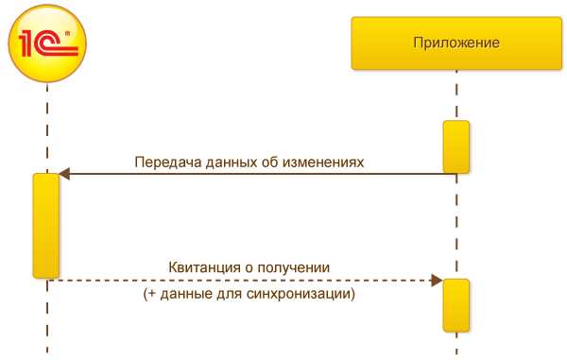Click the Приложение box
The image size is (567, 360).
(456, 43)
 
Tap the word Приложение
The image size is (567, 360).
(456, 43)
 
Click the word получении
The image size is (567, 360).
(301, 266)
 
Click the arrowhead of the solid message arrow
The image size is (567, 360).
(63, 174)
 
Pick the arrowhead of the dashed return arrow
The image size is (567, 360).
(437, 280)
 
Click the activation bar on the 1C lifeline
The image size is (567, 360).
(46, 225)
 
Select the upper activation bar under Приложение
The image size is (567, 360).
(456, 147)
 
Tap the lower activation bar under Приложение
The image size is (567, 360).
(456, 305)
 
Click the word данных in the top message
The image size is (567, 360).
(224, 161)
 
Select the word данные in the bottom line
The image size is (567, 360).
(180, 294)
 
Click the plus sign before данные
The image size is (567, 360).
(150, 294)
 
